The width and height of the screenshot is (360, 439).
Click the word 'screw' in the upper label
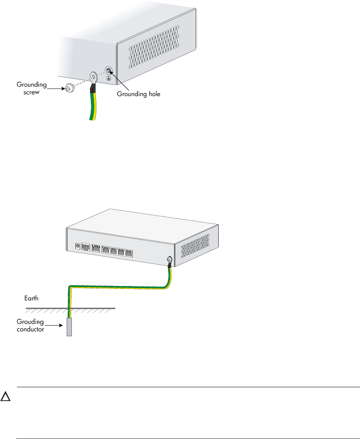pyautogui.click(x=33, y=91)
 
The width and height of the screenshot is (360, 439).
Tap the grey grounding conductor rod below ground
pyautogui.click(x=69, y=327)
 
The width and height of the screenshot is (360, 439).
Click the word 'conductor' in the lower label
pyautogui.click(x=30, y=328)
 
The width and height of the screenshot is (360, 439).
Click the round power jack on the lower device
pyautogui.click(x=77, y=247)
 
